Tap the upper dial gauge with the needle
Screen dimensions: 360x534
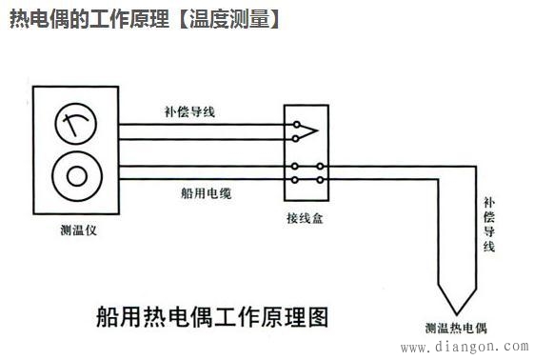click(x=72, y=123)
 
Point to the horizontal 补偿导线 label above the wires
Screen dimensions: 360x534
click(x=188, y=111)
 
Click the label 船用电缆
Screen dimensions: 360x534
click(x=206, y=192)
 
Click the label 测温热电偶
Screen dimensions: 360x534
click(x=456, y=330)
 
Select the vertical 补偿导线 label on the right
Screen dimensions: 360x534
click(x=488, y=224)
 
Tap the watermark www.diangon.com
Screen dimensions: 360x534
click(x=464, y=349)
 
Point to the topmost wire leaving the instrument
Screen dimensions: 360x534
click(x=200, y=123)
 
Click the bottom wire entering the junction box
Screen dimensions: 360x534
click(x=200, y=178)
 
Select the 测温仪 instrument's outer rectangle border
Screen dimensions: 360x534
click(x=34, y=152)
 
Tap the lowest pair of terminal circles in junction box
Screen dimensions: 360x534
click(x=307, y=178)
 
